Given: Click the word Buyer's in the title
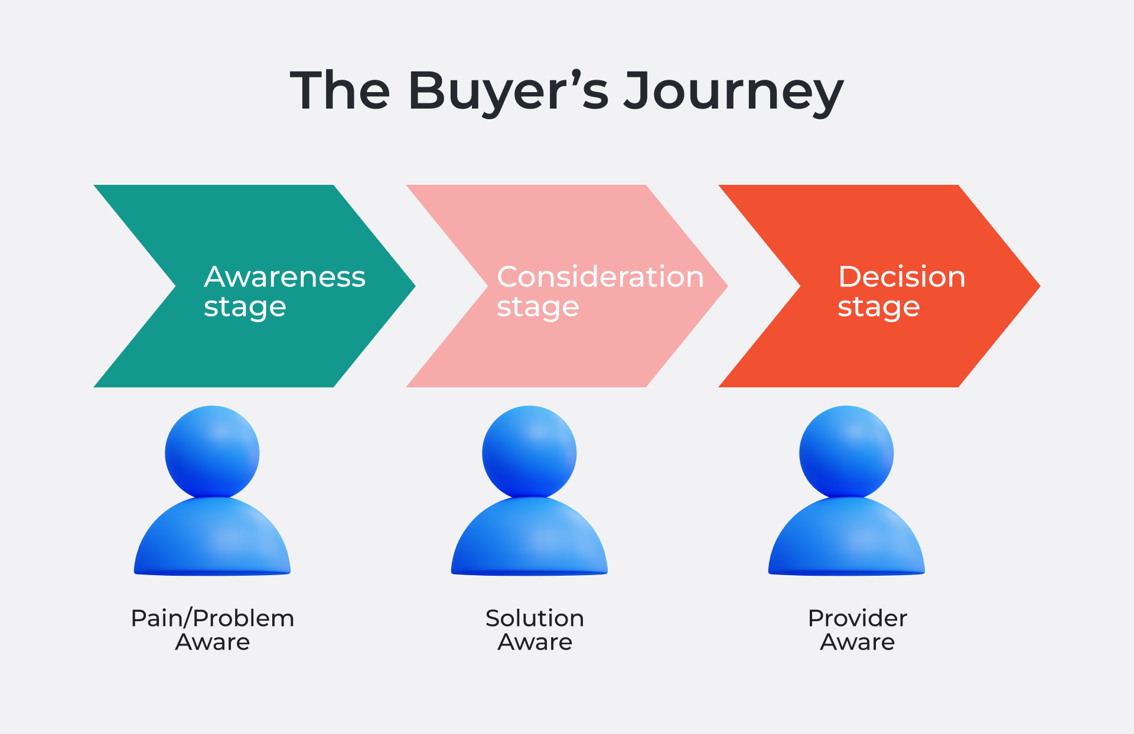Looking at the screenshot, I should (508, 91).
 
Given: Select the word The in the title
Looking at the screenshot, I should (340, 91).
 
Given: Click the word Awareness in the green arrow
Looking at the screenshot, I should (285, 276).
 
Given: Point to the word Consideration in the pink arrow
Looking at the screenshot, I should (600, 276).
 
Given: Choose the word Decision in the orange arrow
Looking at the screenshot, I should (901, 276).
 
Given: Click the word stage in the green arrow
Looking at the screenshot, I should (245, 307).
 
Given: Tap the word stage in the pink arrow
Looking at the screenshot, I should (537, 307).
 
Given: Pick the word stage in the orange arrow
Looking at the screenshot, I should (878, 307).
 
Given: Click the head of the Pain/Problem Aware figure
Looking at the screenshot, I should (212, 452).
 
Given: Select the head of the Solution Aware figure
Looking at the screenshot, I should (529, 452).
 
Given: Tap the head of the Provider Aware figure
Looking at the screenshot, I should (846, 452).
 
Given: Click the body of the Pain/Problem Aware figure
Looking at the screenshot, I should (212, 537).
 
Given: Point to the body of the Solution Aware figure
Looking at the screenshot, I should (529, 537).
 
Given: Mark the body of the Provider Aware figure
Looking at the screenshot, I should (846, 537).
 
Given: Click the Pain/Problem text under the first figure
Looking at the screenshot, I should (212, 618).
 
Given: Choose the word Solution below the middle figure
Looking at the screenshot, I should (535, 618).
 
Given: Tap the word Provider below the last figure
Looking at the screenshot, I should (857, 618).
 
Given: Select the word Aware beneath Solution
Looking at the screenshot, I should (535, 642).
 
